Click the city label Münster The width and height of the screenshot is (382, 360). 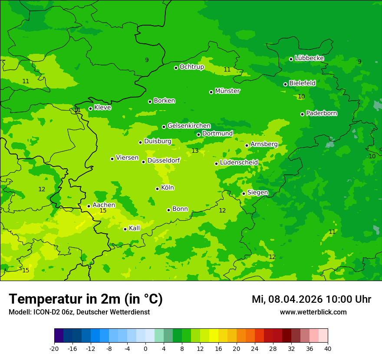(x=227, y=91)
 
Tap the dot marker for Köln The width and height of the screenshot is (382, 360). (x=157, y=189)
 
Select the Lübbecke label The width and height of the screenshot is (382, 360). (x=309, y=58)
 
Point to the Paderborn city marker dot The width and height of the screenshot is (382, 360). (x=302, y=114)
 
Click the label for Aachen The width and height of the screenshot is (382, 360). (x=104, y=205)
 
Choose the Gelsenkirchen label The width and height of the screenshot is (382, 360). (x=189, y=126)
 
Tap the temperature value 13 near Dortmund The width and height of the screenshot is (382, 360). (x=195, y=151)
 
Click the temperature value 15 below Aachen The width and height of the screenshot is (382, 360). (x=103, y=211)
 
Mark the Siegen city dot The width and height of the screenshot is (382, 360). (x=244, y=194)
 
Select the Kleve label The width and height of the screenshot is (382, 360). (x=102, y=108)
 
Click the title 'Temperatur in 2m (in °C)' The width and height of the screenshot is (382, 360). (x=86, y=299)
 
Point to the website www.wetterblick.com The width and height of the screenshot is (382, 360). (x=313, y=312)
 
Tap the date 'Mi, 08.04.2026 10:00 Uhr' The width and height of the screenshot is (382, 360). (x=311, y=299)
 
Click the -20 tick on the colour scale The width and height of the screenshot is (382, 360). (x=54, y=349)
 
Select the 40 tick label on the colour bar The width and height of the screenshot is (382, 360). (x=328, y=349)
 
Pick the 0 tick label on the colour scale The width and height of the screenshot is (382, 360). (x=145, y=349)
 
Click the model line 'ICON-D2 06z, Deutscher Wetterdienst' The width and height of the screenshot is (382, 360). (x=79, y=312)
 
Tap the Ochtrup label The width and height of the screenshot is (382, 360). (x=191, y=67)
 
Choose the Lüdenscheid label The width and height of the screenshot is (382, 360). (x=239, y=163)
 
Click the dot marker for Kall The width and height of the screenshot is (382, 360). (x=125, y=229)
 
